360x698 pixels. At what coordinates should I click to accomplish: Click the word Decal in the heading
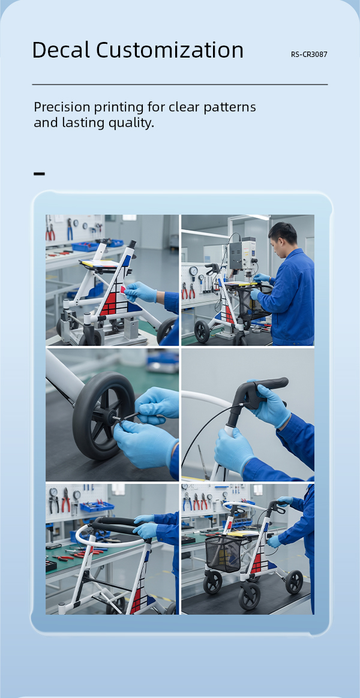click(61, 50)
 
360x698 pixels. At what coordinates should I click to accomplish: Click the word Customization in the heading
click(170, 50)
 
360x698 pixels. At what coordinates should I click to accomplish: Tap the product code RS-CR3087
click(309, 55)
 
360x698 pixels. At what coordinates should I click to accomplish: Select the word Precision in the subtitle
click(65, 107)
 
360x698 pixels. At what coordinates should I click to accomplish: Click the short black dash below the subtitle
click(39, 174)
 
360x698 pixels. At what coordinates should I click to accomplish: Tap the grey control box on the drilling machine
click(243, 253)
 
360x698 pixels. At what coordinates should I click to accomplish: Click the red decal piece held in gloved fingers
click(122, 290)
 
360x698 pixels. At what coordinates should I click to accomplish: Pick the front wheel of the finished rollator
click(249, 595)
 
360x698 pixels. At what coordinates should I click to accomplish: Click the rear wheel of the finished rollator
click(294, 581)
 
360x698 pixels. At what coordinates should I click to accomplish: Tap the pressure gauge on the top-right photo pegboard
click(193, 272)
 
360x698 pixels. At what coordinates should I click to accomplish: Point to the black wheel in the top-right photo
click(202, 331)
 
